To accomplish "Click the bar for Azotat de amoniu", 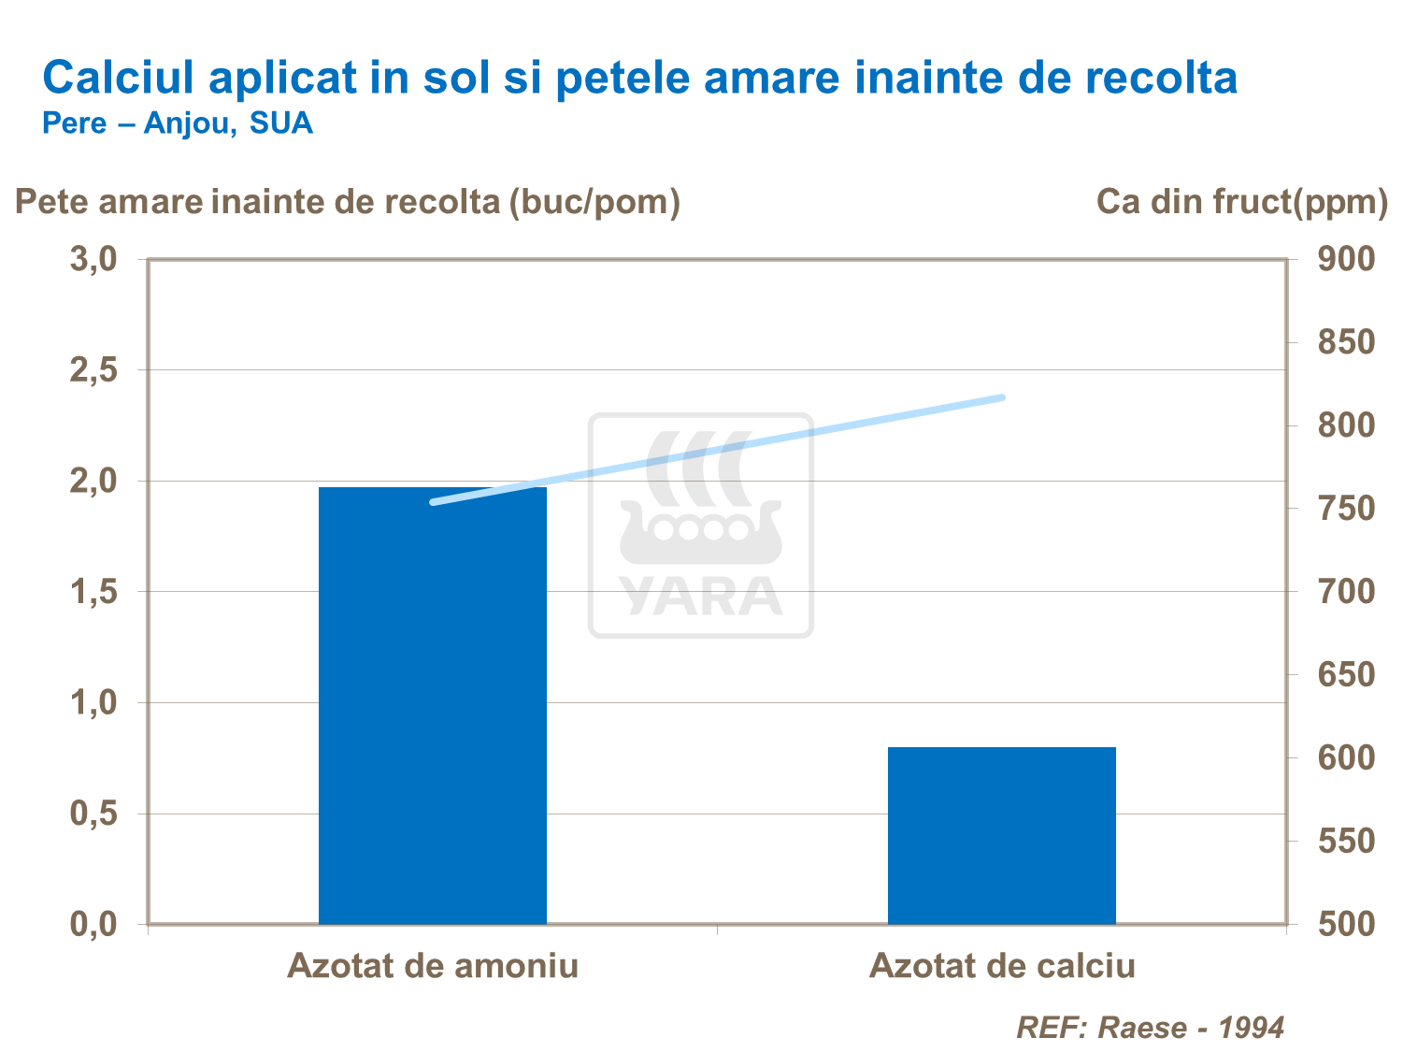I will (x=432, y=706).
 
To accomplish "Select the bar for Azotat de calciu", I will (x=1001, y=835).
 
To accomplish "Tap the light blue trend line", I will (x=717, y=450).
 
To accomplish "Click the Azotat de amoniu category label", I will (x=432, y=965).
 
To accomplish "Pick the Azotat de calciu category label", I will (x=1001, y=965).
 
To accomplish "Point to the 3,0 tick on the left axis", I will (x=93, y=259).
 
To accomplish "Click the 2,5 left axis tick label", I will (x=93, y=370).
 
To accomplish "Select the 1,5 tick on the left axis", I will (x=93, y=592).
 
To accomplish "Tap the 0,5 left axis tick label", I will (x=93, y=814).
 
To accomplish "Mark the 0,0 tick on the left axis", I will (x=93, y=924).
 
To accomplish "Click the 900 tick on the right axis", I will (x=1346, y=259).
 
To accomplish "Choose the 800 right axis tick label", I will (x=1346, y=425).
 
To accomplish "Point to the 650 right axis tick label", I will (x=1346, y=674).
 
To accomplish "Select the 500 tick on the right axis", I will (x=1346, y=924).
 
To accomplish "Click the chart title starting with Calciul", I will (x=639, y=78).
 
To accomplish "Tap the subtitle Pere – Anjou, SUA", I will (x=178, y=123).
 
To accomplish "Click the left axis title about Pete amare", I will (x=347, y=201).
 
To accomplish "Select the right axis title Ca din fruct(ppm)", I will (x=1241, y=201).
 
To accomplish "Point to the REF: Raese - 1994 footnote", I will (x=1150, y=1028).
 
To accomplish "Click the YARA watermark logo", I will (x=700, y=526).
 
